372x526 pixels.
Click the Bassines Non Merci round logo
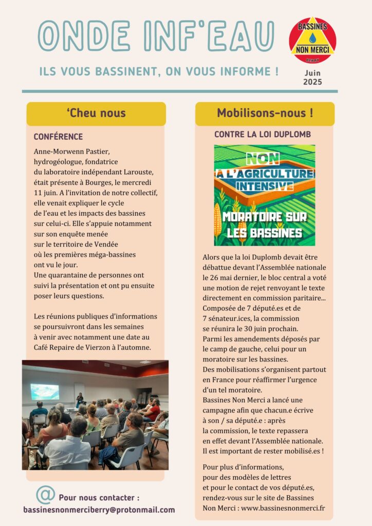[x=312, y=40]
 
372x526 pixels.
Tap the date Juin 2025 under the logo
[x=312, y=78]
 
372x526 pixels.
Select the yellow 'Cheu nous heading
[x=96, y=114]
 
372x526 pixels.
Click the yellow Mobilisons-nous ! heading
[x=265, y=114]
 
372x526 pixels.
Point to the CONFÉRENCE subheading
[x=58, y=137]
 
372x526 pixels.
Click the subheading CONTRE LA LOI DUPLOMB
[x=263, y=135]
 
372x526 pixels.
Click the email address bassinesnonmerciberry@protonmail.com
[x=99, y=510]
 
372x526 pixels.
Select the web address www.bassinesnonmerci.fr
[x=283, y=509]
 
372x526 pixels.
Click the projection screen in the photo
[x=45, y=391]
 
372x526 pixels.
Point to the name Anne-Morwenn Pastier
[x=71, y=152]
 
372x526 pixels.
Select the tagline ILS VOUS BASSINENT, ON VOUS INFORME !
[x=159, y=71]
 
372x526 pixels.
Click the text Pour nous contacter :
[x=99, y=498]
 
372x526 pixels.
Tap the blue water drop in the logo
[x=312, y=37]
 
